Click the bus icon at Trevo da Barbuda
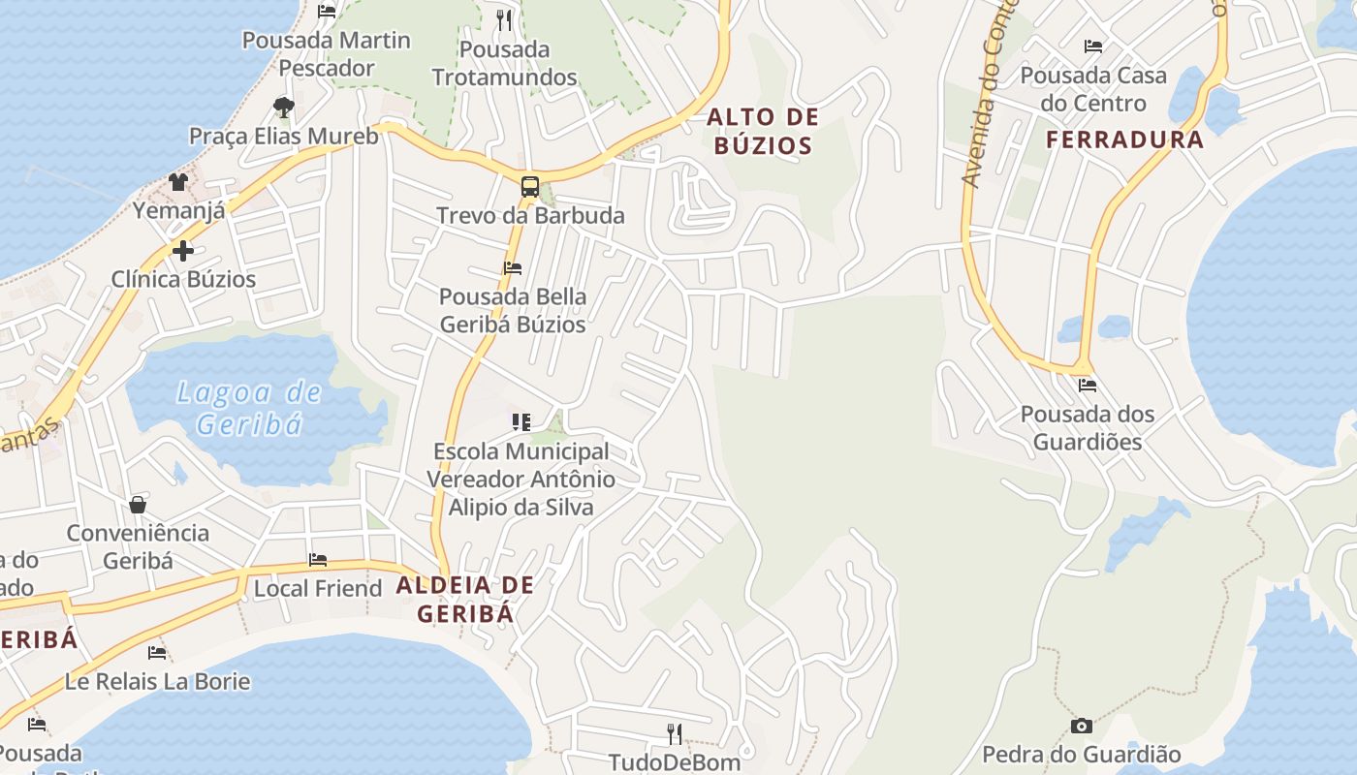pyautogui.click(x=529, y=187)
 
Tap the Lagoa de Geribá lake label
pyautogui.click(x=249, y=408)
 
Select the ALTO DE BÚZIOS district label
pyautogui.click(x=763, y=132)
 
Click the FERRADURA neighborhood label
pyautogui.click(x=1125, y=139)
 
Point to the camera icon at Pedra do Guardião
pyautogui.click(x=1082, y=726)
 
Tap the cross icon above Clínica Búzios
pyautogui.click(x=182, y=251)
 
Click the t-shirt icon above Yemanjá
pyautogui.click(x=177, y=181)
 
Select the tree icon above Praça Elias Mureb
pyautogui.click(x=283, y=107)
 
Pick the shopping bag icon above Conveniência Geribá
pyautogui.click(x=138, y=505)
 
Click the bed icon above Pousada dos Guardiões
pyautogui.click(x=1088, y=386)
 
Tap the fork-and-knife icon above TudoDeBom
pyautogui.click(x=675, y=733)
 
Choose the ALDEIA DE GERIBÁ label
pyautogui.click(x=465, y=599)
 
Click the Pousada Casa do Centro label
pyautogui.click(x=1093, y=89)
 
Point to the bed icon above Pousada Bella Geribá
pyautogui.click(x=512, y=268)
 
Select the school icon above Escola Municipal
pyautogui.click(x=521, y=422)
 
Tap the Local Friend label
pyautogui.click(x=318, y=588)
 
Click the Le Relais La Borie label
pyautogui.click(x=157, y=681)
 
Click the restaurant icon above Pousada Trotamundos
pyautogui.click(x=503, y=19)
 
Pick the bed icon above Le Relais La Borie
pyautogui.click(x=157, y=652)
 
